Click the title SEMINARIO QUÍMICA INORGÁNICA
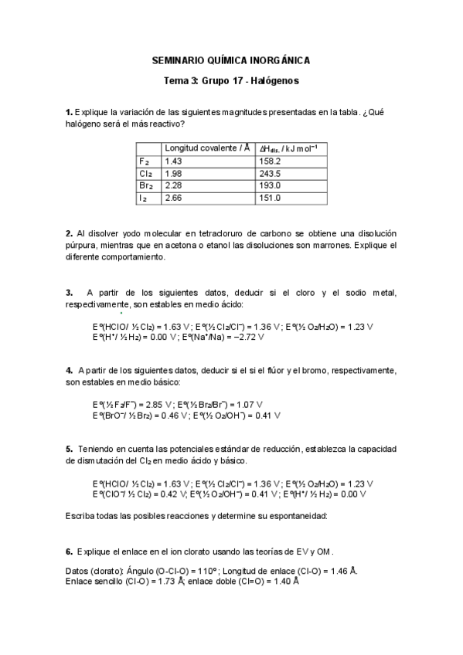(231, 60)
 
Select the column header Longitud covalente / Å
(207, 148)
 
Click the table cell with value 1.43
(174, 161)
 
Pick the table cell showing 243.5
(271, 174)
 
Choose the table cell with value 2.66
(174, 199)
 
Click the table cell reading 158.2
(271, 161)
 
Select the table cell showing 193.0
(271, 186)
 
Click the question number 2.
(69, 233)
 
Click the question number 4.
(69, 371)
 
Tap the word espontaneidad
(294, 515)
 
